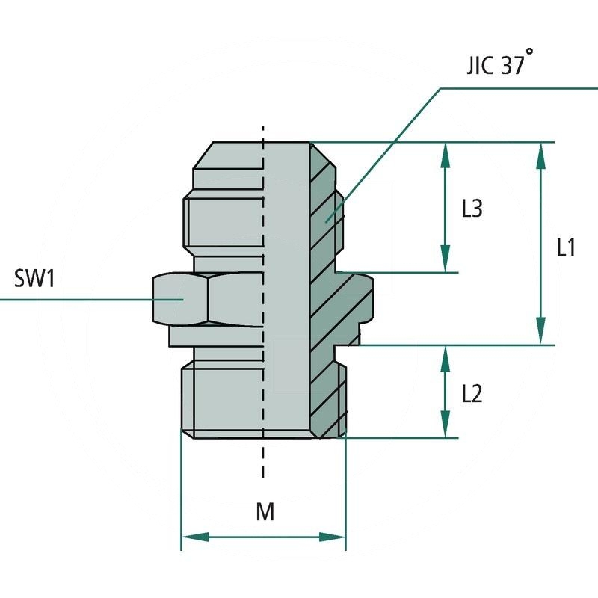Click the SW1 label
pos(35,280)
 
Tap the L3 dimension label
pos(472,209)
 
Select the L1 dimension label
pos(566,247)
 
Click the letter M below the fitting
pos(265,512)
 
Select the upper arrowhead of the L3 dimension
pos(446,153)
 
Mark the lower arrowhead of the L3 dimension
pos(446,261)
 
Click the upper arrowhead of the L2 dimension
pos(446,357)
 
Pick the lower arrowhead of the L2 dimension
pos(446,426)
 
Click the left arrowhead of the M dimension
pos(193,537)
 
